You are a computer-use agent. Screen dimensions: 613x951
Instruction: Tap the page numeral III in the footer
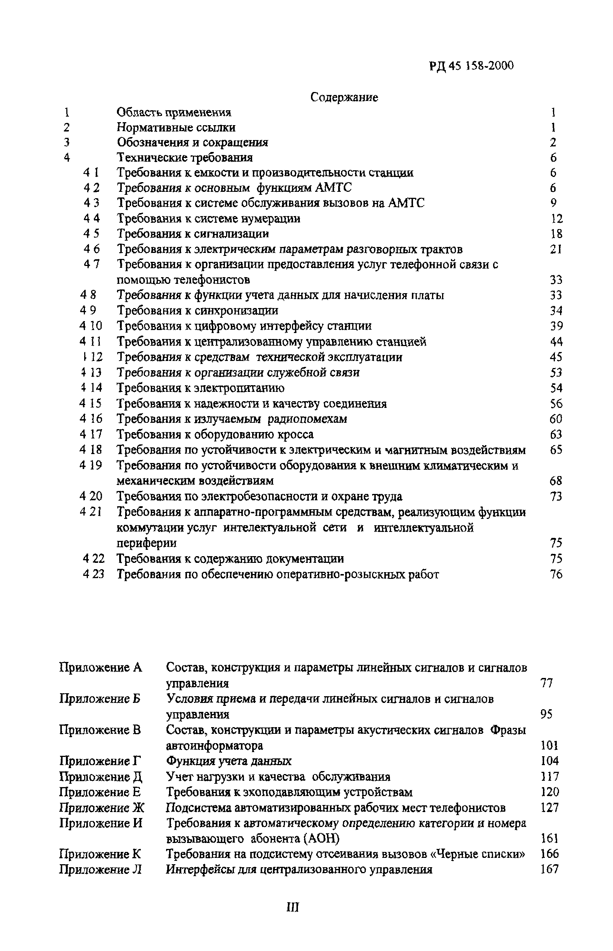(293, 907)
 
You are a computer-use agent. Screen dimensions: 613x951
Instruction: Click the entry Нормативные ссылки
(176, 127)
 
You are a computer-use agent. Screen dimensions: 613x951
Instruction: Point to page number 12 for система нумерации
(556, 219)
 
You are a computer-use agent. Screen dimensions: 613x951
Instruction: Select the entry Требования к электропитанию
(201, 388)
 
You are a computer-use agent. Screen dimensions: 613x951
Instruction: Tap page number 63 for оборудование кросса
(556, 434)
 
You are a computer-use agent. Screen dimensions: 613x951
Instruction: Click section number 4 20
(91, 497)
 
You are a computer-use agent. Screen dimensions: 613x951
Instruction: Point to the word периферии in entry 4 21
(146, 543)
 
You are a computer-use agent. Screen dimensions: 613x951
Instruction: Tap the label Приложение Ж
(102, 808)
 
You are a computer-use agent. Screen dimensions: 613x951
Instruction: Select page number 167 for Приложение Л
(550, 869)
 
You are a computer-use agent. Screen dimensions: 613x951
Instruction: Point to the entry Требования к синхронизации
(197, 311)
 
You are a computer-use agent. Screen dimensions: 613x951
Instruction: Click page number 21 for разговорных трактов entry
(556, 250)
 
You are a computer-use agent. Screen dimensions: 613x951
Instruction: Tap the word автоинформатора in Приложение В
(214, 745)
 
